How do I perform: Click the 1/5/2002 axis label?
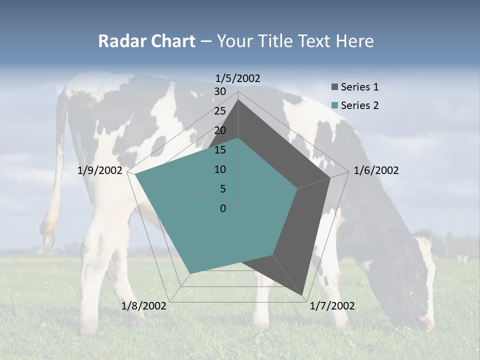(238, 78)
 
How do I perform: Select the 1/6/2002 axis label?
(376, 170)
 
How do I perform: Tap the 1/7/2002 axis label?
(332, 306)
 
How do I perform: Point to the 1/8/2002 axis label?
(144, 306)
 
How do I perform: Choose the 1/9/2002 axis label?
(100, 170)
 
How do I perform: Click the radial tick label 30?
(220, 91)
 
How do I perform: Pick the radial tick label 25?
(220, 111)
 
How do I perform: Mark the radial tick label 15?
(220, 150)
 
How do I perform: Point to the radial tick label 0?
(223, 208)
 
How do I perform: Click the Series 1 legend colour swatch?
(334, 87)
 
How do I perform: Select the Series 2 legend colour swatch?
(334, 105)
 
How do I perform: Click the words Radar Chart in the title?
(146, 41)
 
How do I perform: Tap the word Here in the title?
(355, 41)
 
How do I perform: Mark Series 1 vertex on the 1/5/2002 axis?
(238, 100)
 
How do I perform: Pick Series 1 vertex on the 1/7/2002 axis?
(303, 295)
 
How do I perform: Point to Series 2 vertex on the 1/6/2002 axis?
(297, 188)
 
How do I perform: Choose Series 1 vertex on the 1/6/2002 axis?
(330, 177)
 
